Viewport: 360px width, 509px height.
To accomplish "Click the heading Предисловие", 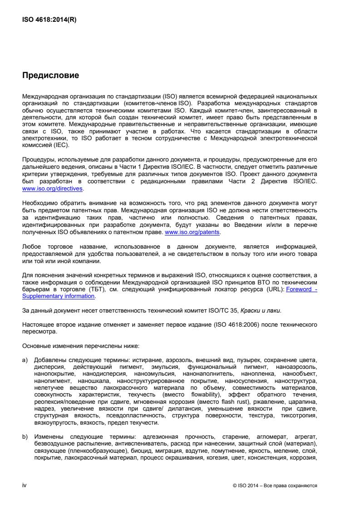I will pyautogui.click(x=51, y=76).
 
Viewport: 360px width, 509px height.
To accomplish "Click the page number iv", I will pyautogui.click(x=25, y=485).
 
